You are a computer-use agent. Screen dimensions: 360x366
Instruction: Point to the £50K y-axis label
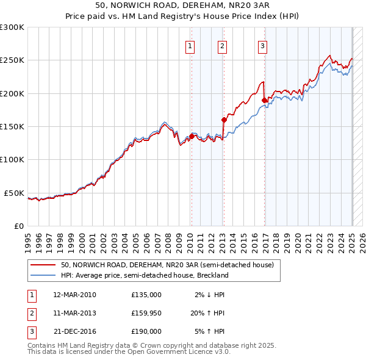[x=14, y=193]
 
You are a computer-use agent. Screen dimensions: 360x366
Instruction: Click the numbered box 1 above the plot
[x=190, y=46]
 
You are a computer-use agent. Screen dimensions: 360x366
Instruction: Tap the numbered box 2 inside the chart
[x=222, y=46]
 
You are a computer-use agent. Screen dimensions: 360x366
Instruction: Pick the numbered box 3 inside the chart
[x=262, y=46]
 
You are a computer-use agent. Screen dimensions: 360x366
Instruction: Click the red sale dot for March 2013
[x=224, y=120]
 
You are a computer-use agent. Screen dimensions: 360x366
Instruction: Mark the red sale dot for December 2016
[x=264, y=100]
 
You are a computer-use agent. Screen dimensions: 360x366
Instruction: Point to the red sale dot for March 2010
[x=192, y=136]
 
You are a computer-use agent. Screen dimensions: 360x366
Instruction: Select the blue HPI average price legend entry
[x=144, y=275]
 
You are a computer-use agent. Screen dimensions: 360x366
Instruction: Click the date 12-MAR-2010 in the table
[x=75, y=295]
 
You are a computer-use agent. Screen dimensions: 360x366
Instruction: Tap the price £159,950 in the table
[x=146, y=313]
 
